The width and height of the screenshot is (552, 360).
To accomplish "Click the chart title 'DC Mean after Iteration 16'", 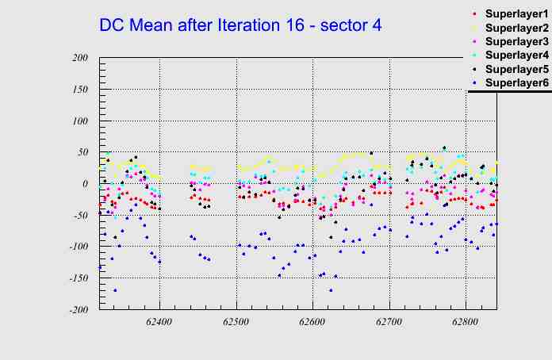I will point(240,25).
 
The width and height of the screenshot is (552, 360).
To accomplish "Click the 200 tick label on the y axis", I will point(79,58).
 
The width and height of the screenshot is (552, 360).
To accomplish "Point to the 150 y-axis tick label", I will point(79,90).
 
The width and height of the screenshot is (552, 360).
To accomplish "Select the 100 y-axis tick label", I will point(79,121).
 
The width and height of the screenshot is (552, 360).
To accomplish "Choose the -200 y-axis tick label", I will point(77,310).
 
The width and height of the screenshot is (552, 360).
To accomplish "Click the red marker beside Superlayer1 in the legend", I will point(475,14).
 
